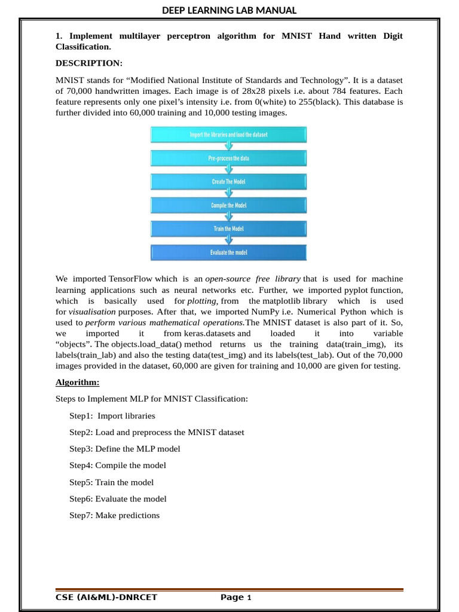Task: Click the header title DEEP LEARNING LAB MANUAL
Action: click(229, 10)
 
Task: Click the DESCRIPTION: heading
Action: click(89, 63)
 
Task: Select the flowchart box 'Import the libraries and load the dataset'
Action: click(229, 134)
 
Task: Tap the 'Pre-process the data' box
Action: click(229, 158)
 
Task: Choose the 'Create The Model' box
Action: click(229, 182)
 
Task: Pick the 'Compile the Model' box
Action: click(229, 206)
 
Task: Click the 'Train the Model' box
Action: click(229, 229)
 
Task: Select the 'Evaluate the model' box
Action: click(229, 252)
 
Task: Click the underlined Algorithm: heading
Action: click(78, 382)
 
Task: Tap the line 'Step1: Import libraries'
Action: click(112, 416)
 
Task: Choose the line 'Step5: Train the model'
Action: click(112, 482)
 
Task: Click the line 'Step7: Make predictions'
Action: click(115, 515)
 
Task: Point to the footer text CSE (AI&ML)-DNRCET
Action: click(106, 597)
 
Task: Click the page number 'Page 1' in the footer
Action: click(236, 597)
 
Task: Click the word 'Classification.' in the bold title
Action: click(83, 47)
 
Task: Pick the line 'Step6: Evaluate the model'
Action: click(118, 499)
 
